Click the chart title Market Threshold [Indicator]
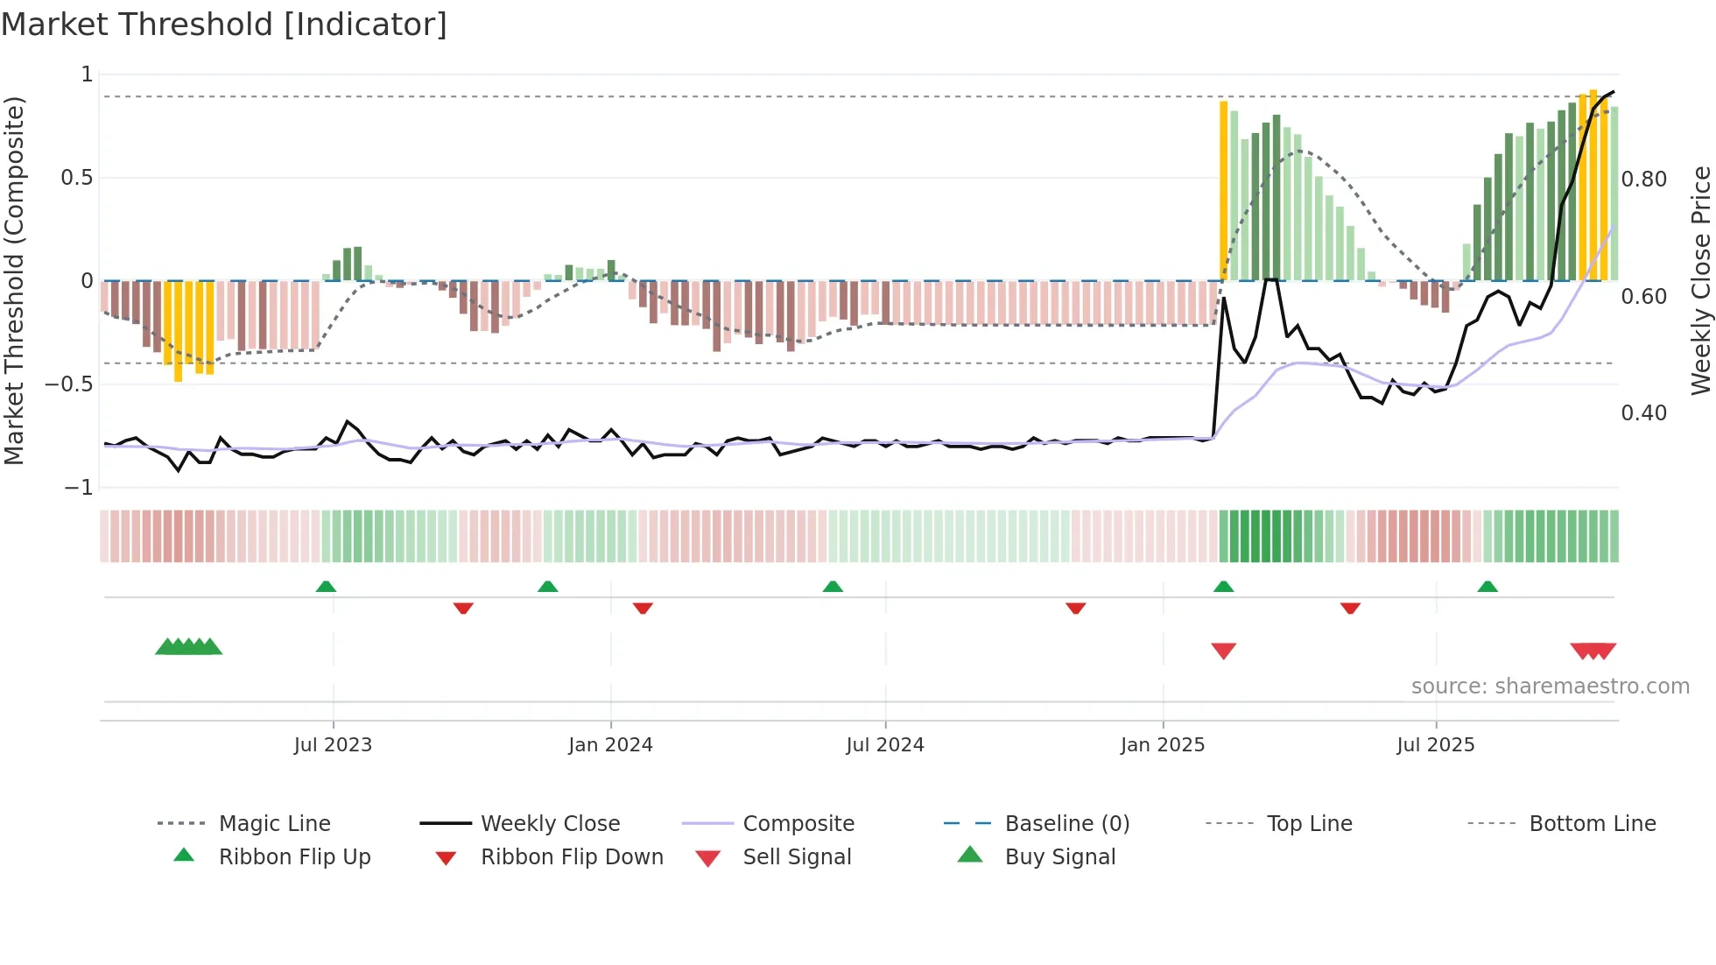pyautogui.click(x=224, y=25)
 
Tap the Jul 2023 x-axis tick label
pyautogui.click(x=333, y=745)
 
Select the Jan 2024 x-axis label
pyautogui.click(x=610, y=745)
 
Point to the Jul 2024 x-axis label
pyautogui.click(x=884, y=745)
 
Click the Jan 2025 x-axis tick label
pyautogui.click(x=1163, y=745)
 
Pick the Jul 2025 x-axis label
pyautogui.click(x=1435, y=745)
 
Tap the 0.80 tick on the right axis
pyautogui.click(x=1643, y=180)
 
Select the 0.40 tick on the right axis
pyautogui.click(x=1643, y=413)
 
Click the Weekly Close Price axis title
pyautogui.click(x=1700, y=280)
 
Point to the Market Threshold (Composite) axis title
pyautogui.click(x=14, y=280)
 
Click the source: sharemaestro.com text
pyautogui.click(x=1550, y=687)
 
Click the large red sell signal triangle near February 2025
pyautogui.click(x=1223, y=650)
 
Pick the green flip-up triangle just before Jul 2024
pyautogui.click(x=833, y=587)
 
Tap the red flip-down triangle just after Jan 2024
pyautogui.click(x=643, y=608)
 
